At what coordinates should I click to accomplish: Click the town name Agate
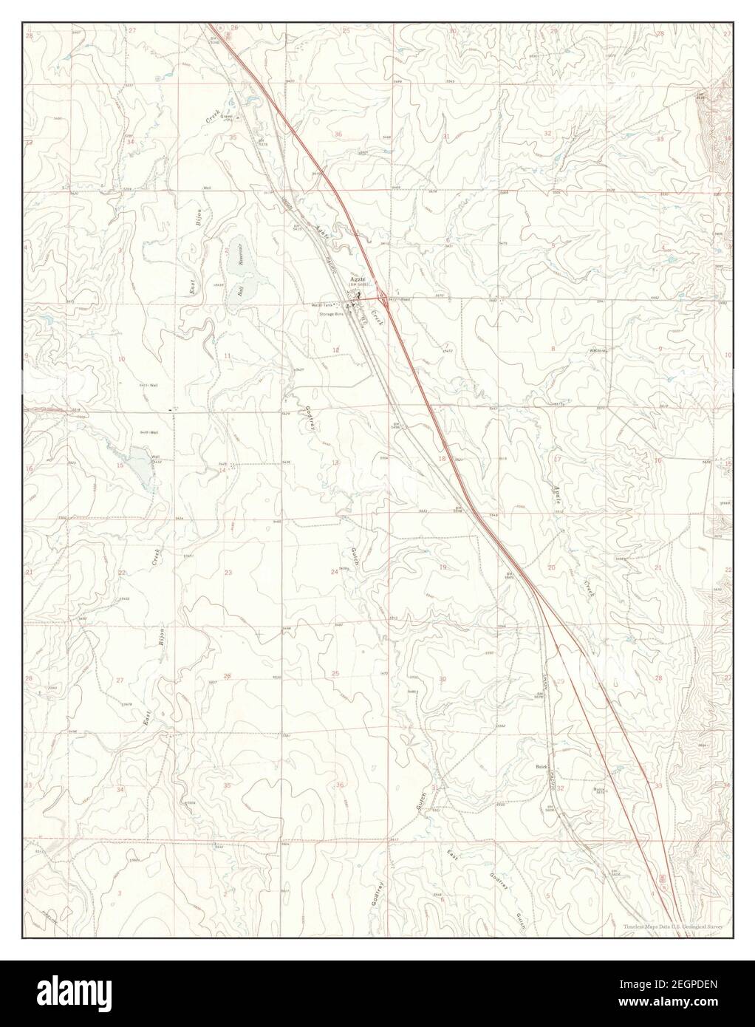[x=358, y=280]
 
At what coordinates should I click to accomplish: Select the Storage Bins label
[x=332, y=314]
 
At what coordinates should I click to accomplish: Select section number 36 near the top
[x=338, y=134]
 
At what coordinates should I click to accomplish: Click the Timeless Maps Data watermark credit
[x=672, y=926]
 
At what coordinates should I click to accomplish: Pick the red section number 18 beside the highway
[x=443, y=459]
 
